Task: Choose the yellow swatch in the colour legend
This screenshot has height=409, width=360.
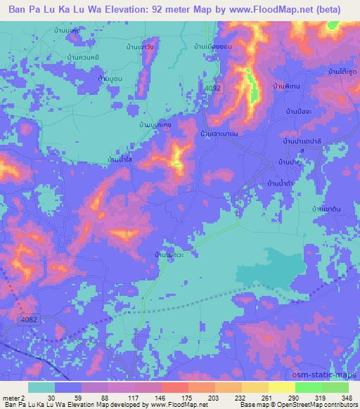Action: click(x=282, y=387)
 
